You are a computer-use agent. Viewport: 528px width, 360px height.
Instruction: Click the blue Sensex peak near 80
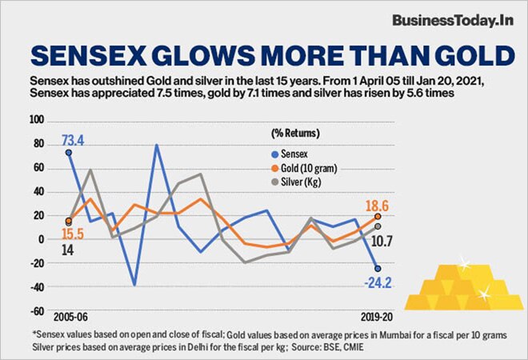click(x=156, y=146)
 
